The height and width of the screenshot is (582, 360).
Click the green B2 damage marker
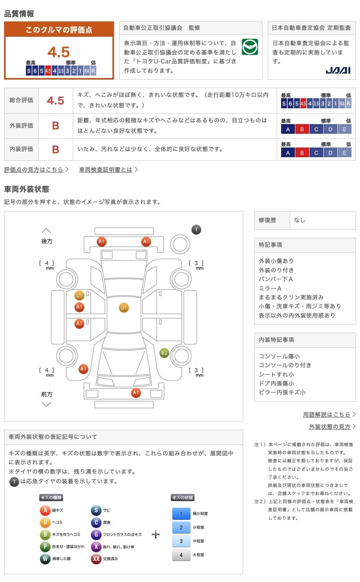[164, 353]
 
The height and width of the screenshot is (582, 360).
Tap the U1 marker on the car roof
[124, 308]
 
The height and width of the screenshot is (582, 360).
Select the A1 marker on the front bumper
[136, 392]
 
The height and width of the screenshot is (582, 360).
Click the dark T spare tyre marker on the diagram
[197, 230]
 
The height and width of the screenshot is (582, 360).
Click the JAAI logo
[338, 70]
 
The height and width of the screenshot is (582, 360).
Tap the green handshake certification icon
[250, 47]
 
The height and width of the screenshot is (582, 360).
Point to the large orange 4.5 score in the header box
[59, 52]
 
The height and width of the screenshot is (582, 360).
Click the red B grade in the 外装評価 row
[56, 126]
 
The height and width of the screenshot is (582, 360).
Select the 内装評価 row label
[21, 149]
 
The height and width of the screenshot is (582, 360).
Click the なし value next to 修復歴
[299, 220]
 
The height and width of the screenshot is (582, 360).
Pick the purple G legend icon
[96, 534]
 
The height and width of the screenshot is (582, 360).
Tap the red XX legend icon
[96, 559]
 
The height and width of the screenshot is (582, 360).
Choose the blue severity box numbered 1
[181, 514]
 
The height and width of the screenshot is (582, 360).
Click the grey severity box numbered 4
[181, 555]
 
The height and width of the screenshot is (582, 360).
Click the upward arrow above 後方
[46, 231]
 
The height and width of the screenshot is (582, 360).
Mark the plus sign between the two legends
[156, 534]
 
